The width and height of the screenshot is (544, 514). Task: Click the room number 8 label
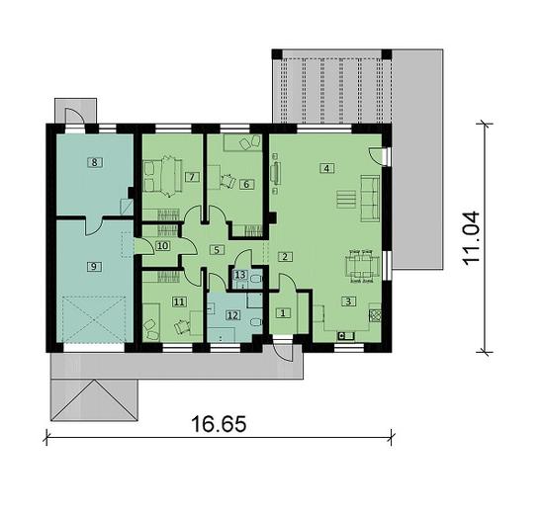95,162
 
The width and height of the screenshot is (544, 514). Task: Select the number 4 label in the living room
326,169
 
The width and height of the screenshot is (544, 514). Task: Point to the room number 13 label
240,275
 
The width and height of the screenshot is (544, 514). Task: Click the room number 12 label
233,315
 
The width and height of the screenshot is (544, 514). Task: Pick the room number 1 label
283,313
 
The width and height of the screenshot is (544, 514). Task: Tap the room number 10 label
162,246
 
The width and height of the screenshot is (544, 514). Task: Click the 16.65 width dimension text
219,424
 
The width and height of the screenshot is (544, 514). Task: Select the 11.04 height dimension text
471,238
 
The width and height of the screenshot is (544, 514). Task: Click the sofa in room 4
371,199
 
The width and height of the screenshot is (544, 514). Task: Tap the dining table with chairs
361,266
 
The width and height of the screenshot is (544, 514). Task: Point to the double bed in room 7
162,176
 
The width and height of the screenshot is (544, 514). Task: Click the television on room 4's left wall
276,173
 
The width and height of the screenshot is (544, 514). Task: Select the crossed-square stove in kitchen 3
376,315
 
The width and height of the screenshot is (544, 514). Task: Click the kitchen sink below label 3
346,336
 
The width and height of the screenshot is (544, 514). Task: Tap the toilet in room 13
256,280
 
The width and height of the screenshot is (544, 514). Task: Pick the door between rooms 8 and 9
94,225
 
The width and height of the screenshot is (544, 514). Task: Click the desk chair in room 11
181,326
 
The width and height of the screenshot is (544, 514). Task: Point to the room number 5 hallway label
217,250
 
